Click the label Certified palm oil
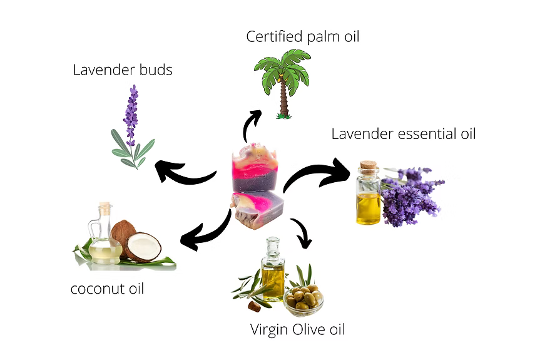[x=303, y=36]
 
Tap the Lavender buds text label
[x=123, y=69]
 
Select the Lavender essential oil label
[x=404, y=133]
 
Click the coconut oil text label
[x=107, y=289]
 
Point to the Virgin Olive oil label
[x=297, y=329]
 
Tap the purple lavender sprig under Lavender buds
[x=130, y=116]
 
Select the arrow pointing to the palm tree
[x=250, y=125]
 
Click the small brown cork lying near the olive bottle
[x=255, y=306]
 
